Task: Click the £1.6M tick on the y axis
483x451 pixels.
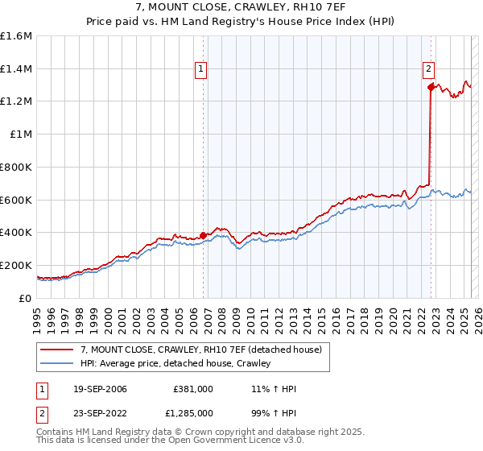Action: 17,36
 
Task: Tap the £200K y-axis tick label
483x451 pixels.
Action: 16,265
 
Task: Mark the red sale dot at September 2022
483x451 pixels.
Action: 431,87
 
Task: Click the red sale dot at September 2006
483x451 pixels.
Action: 203,235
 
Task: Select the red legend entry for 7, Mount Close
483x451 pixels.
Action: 200,350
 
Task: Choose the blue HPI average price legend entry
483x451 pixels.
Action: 175,363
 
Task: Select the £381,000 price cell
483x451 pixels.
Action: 192,389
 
